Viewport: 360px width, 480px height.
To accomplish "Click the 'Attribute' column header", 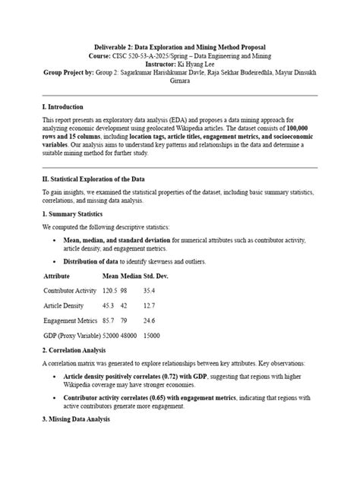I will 57,276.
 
